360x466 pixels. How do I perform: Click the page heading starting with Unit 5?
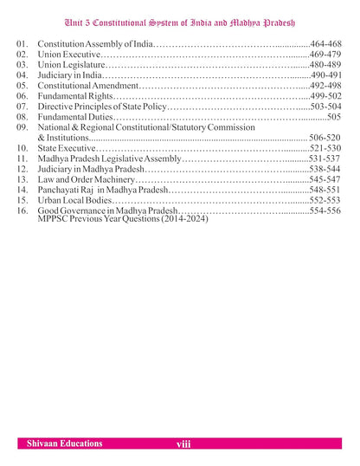click(179, 11)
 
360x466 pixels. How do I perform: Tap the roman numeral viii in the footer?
click(182, 444)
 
